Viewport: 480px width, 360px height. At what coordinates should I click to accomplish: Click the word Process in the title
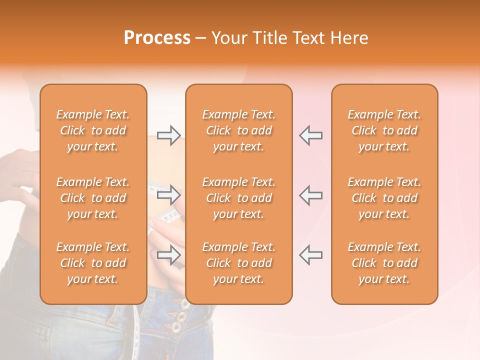(x=157, y=38)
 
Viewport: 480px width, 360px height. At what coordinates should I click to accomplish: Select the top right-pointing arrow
(x=168, y=135)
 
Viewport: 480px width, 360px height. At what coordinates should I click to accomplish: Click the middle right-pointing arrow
(x=168, y=195)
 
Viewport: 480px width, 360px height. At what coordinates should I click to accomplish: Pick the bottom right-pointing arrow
(x=168, y=255)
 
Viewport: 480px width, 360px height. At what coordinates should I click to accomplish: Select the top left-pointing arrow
(x=310, y=135)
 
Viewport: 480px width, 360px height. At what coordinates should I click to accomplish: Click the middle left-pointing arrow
(x=310, y=195)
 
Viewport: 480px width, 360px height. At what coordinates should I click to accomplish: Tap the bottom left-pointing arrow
(x=310, y=255)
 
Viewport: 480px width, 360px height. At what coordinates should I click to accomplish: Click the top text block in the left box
(x=93, y=130)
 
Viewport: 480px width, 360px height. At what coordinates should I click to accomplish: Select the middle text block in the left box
(x=93, y=198)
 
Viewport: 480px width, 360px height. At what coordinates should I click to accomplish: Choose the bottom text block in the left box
(x=93, y=263)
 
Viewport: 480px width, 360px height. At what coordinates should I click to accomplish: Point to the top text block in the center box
(x=239, y=130)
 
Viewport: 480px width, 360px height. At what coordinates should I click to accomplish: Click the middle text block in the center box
(x=239, y=198)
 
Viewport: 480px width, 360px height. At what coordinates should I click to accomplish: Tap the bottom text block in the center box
(x=239, y=263)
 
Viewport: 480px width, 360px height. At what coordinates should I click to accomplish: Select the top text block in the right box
(x=384, y=130)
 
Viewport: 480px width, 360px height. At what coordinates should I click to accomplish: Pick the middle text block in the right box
(x=384, y=198)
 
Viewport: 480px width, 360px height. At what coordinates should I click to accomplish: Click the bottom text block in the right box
(x=384, y=263)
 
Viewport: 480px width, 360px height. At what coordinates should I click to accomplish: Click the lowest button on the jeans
(x=176, y=327)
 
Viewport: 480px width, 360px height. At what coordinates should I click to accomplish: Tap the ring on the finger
(x=150, y=230)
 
